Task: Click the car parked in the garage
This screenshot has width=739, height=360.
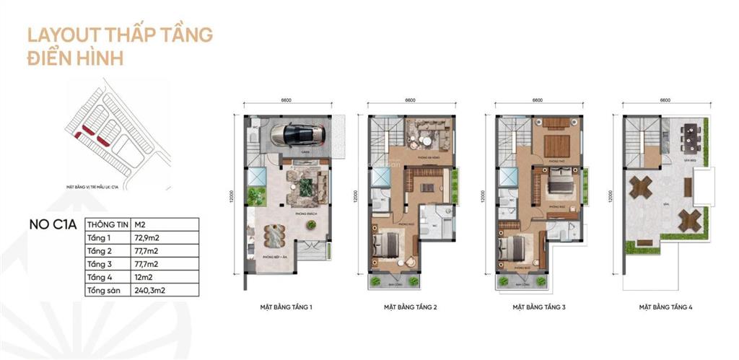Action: point(297,133)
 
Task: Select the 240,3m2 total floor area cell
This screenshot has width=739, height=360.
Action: point(152,291)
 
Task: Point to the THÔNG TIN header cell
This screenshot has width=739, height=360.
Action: point(107,223)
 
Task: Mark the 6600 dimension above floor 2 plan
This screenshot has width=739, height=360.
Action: point(411,101)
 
